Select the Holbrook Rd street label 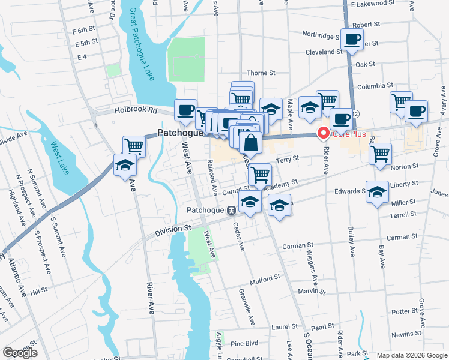(136, 110)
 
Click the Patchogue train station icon (231, 211)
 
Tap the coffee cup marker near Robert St (352, 40)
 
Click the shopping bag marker (250, 143)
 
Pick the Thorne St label (260, 73)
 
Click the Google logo (20, 352)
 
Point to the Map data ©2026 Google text (411, 355)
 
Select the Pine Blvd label (244, 344)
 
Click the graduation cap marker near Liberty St (377, 191)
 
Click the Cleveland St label (324, 52)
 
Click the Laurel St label (285, 328)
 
